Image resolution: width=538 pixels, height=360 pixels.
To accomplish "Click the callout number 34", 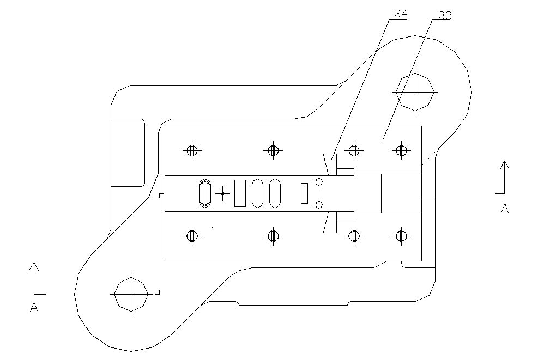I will [x=401, y=14].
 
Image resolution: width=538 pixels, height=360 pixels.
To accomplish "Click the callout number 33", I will [x=445, y=15].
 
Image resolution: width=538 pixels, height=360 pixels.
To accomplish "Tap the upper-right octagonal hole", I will [x=415, y=91].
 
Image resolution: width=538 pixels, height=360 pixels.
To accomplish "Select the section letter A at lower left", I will [x=34, y=308].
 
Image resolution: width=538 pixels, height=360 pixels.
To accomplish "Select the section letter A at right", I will [x=505, y=208].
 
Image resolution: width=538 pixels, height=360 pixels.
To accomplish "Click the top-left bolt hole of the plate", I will [x=191, y=150].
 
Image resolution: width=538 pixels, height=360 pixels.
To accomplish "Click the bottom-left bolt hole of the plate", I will [x=191, y=236].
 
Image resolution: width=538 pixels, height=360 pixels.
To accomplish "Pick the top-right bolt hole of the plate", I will [x=402, y=150].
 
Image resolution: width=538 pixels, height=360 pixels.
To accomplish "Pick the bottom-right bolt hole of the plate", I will [x=402, y=236].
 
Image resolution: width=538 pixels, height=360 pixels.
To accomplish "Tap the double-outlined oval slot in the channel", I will [x=205, y=193].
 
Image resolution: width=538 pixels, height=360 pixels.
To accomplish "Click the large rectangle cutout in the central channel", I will [x=240, y=193].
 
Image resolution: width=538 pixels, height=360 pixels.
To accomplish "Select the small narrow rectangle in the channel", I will [x=304, y=193].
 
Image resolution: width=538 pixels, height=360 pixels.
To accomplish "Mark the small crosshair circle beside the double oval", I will [x=222, y=193].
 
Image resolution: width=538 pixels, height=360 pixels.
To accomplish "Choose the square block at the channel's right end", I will [x=401, y=193].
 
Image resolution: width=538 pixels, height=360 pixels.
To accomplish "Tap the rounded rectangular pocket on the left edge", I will [x=128, y=152].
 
